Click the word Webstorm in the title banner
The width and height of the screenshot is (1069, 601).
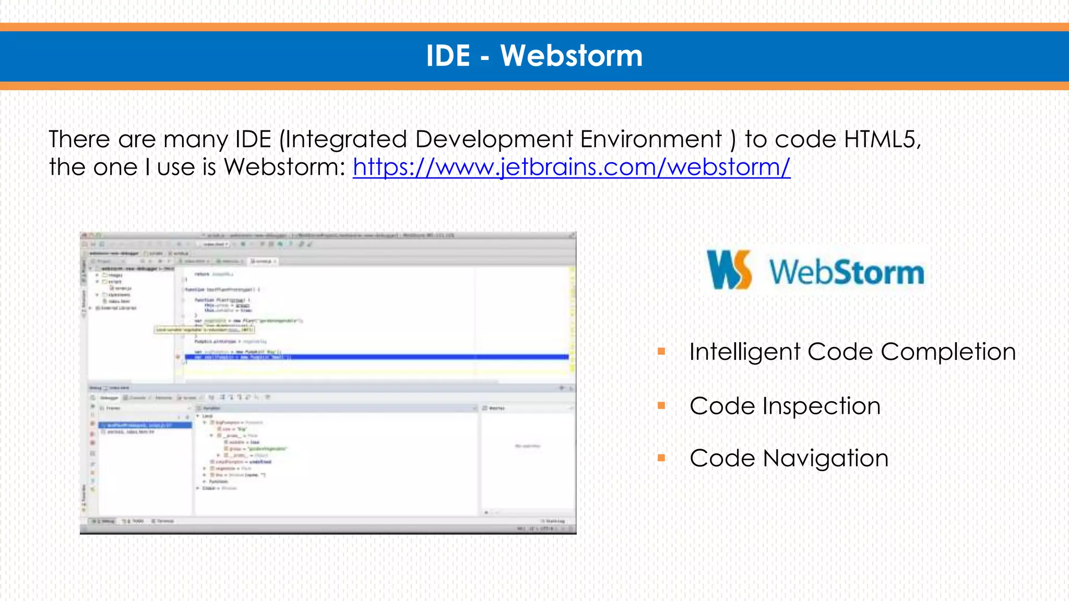tap(572, 55)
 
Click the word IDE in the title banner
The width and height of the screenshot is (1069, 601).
tap(448, 55)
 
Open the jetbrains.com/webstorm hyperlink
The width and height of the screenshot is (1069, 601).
tap(572, 167)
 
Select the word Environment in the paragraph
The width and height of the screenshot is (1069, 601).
tap(651, 139)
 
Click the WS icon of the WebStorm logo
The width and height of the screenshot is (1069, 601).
tap(729, 269)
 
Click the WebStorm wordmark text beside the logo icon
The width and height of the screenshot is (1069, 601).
tap(846, 272)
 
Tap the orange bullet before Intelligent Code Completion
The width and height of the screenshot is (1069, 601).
tap(661, 352)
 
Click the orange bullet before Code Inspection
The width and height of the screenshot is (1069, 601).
tap(661, 406)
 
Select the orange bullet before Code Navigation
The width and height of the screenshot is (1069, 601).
tap(661, 458)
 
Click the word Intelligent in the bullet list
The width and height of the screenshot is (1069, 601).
tap(744, 352)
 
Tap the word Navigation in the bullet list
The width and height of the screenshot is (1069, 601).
tap(825, 459)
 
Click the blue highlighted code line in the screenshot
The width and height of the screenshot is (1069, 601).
tap(376, 357)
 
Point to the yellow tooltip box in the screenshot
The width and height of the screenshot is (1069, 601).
tap(204, 330)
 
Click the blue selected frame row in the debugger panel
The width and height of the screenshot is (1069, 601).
tap(145, 425)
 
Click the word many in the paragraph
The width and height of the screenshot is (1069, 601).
tap(195, 140)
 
